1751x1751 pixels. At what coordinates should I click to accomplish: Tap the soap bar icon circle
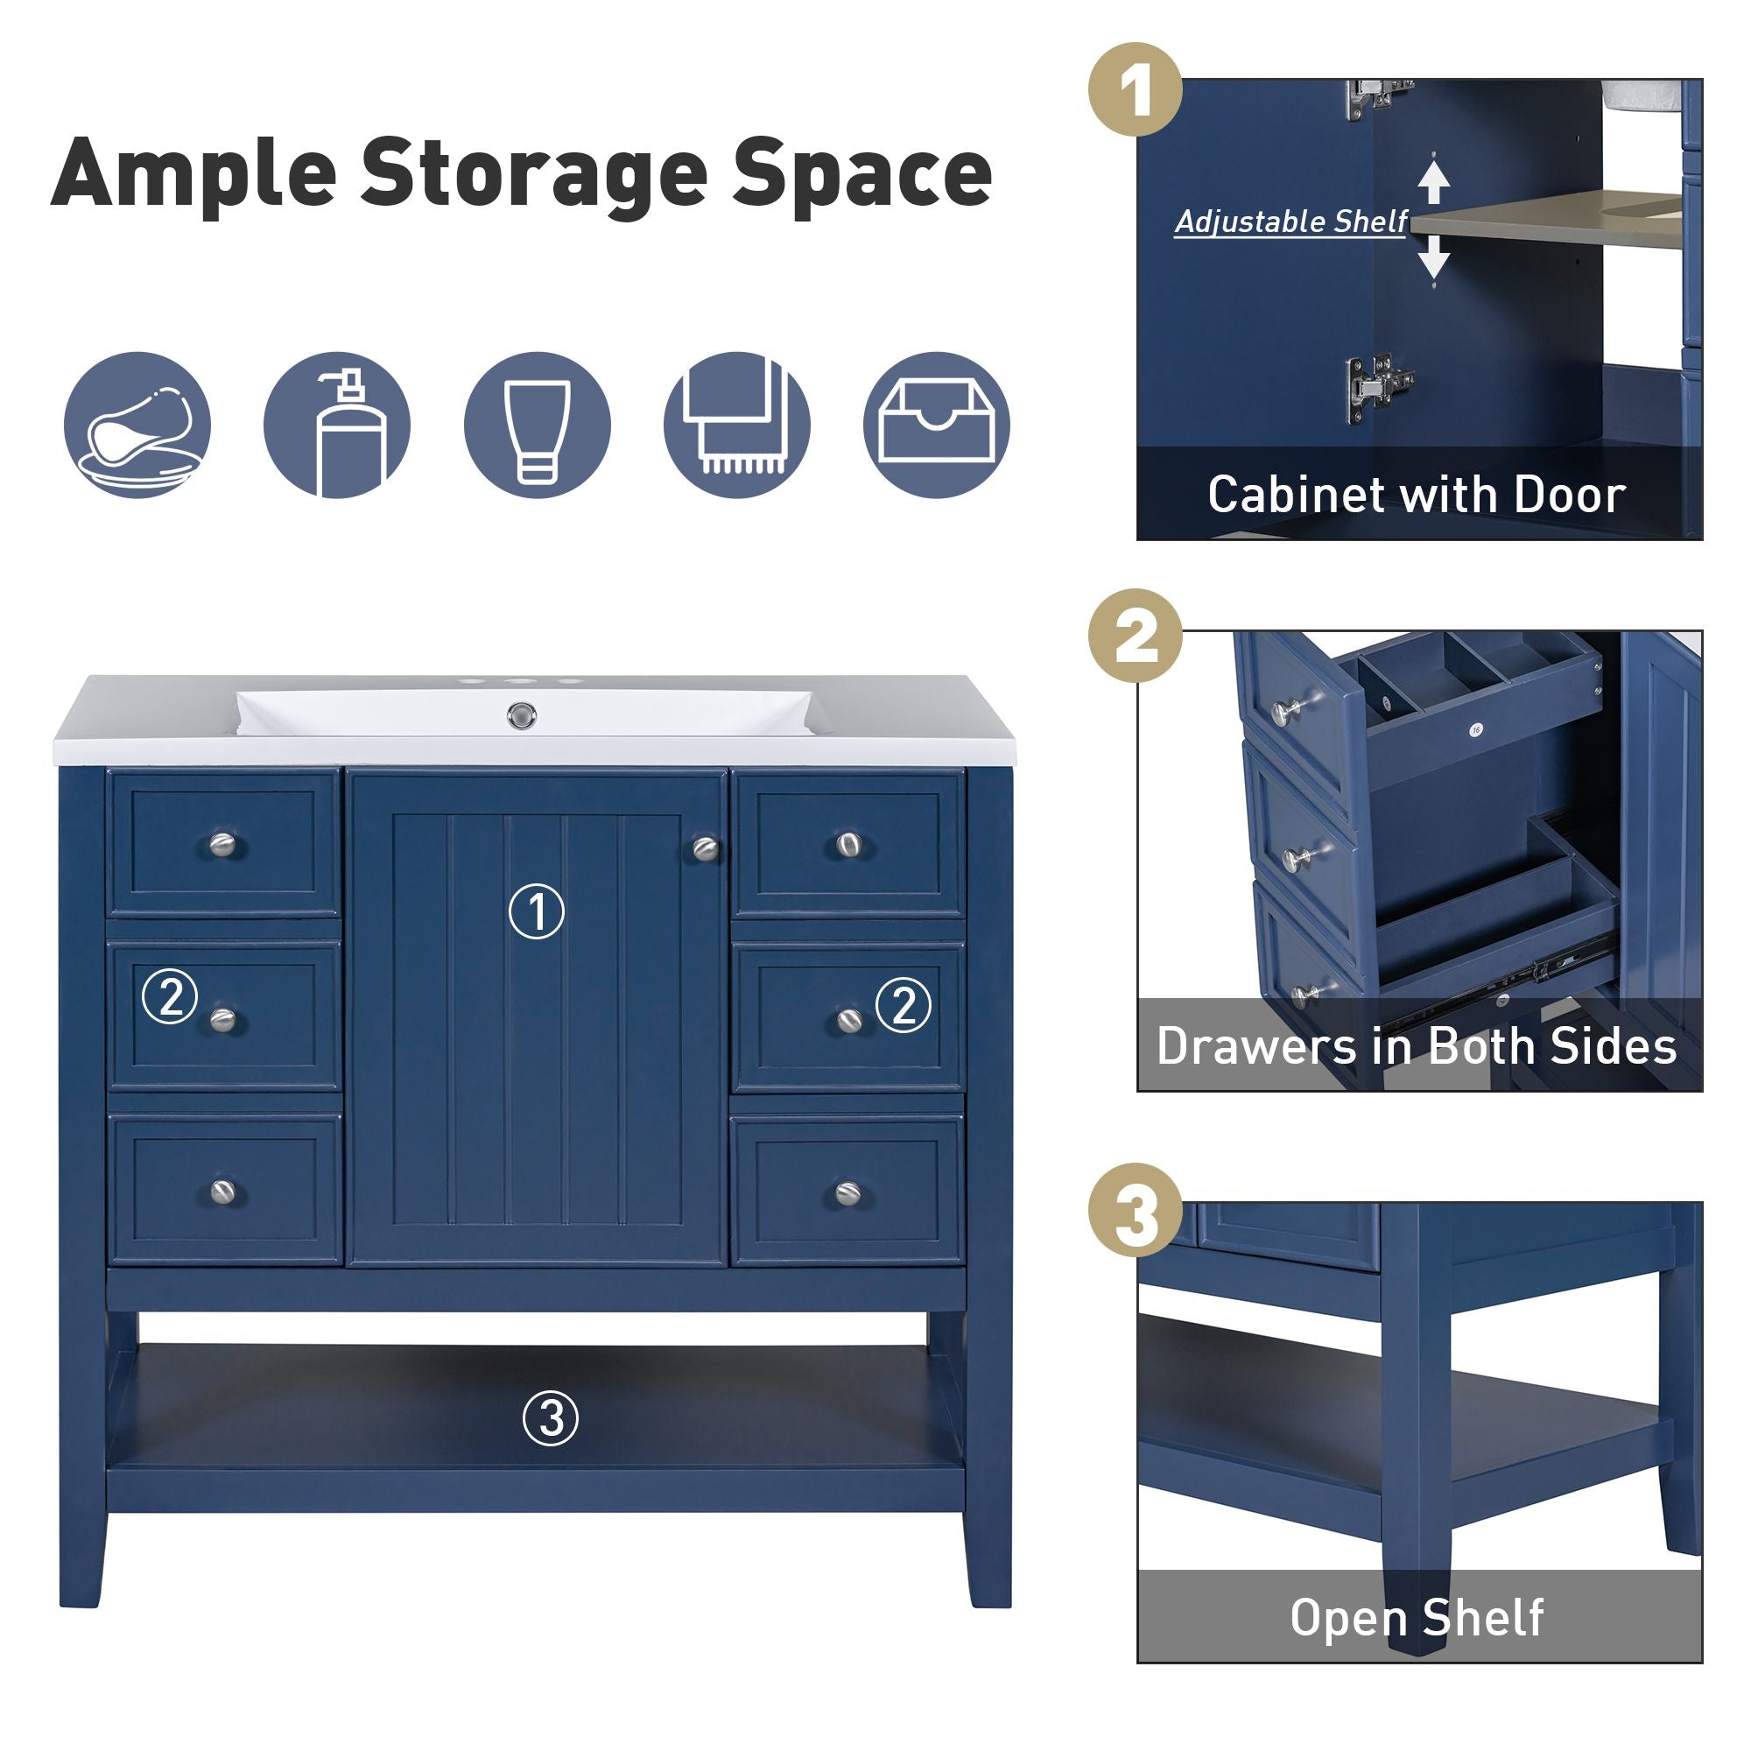tap(137, 425)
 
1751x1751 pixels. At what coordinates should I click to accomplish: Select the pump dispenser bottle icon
tap(337, 425)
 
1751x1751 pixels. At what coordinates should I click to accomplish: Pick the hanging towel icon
tap(737, 425)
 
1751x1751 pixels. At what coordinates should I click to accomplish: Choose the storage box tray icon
tap(936, 425)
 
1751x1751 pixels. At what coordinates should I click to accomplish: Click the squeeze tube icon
tap(538, 425)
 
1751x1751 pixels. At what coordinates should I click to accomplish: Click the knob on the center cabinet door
tap(705, 848)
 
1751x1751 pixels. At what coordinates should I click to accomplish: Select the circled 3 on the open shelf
tap(550, 1418)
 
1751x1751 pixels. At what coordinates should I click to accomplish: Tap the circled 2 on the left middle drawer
tap(171, 997)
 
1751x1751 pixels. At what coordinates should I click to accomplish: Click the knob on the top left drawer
tap(222, 845)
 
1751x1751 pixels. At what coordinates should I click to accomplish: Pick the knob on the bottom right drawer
tap(847, 1192)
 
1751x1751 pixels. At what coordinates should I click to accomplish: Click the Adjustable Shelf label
tap(1290, 222)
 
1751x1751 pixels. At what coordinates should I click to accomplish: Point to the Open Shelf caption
tap(1417, 1618)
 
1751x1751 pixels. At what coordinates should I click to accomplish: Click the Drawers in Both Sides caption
tap(1417, 1046)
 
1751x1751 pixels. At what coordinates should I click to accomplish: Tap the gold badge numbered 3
tap(1136, 1210)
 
